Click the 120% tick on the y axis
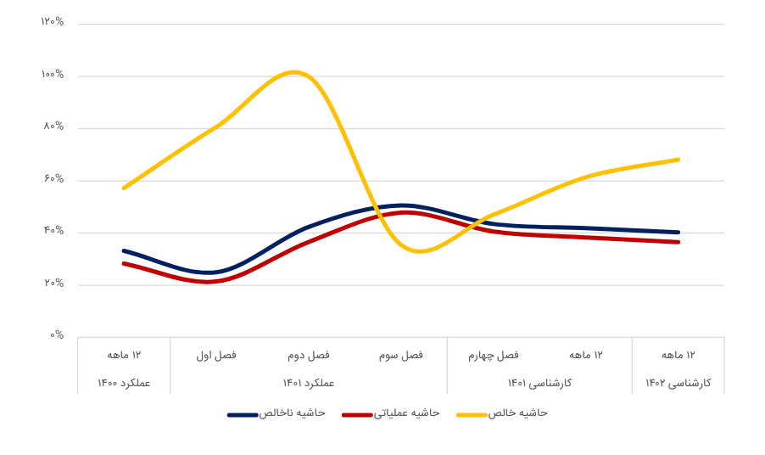point(53,22)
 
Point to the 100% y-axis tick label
point(53,75)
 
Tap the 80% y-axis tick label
point(53,126)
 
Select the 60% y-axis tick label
point(53,179)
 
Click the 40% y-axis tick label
point(53,231)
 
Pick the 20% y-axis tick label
point(53,284)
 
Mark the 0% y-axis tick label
point(56,335)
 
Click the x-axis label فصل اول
point(216,355)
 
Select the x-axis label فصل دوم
point(309,355)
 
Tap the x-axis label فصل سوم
point(401,355)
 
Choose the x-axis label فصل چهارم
point(494,355)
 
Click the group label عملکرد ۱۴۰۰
point(124,383)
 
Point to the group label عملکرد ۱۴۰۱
point(309,383)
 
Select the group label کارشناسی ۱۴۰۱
point(539,383)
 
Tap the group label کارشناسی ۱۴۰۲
point(678,383)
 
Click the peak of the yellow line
point(294,72)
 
